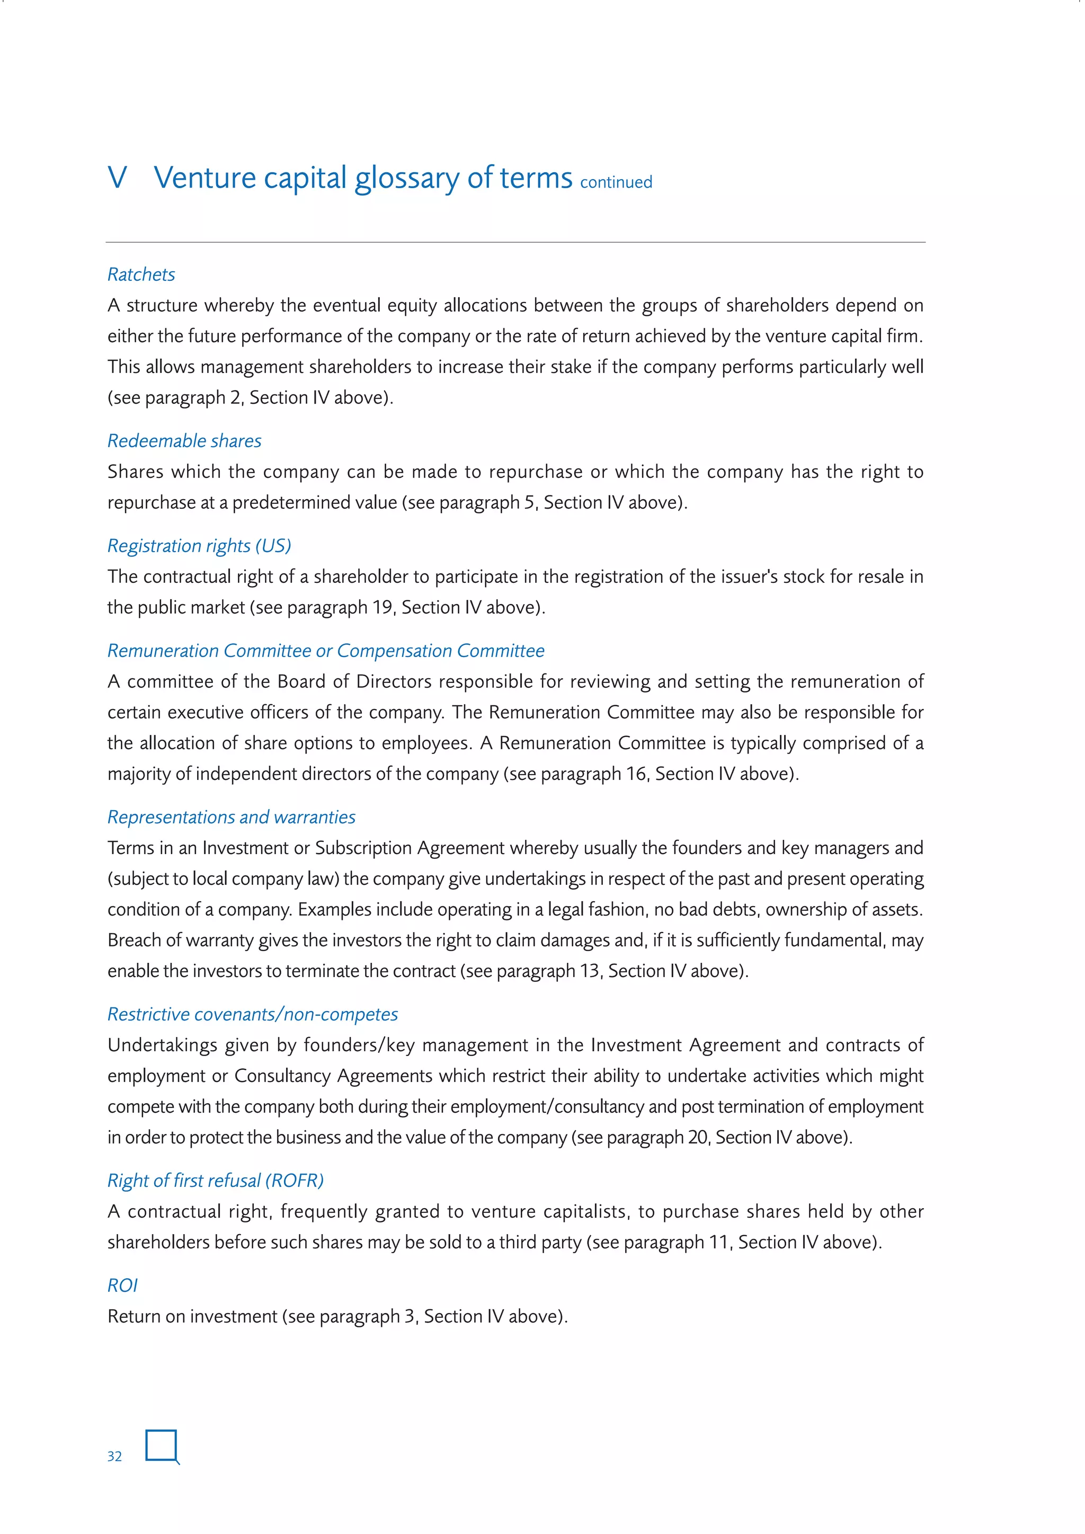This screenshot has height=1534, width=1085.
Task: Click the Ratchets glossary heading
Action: [141, 274]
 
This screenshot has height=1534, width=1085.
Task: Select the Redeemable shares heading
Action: [184, 441]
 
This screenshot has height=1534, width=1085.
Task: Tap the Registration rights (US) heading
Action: [199, 546]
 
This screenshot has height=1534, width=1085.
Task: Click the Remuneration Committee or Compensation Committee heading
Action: [325, 651]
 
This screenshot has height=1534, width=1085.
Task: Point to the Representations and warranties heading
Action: [231, 817]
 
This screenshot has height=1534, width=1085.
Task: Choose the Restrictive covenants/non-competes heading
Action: [253, 1014]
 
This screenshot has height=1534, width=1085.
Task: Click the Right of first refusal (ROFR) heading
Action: [215, 1181]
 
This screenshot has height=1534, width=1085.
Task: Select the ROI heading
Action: [122, 1285]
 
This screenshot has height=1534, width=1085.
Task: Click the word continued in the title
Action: [616, 182]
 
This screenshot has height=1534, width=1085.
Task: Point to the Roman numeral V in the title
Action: [118, 178]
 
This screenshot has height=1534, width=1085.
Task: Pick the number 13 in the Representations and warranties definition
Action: [589, 971]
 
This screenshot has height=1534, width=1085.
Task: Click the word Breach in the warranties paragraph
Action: [134, 940]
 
